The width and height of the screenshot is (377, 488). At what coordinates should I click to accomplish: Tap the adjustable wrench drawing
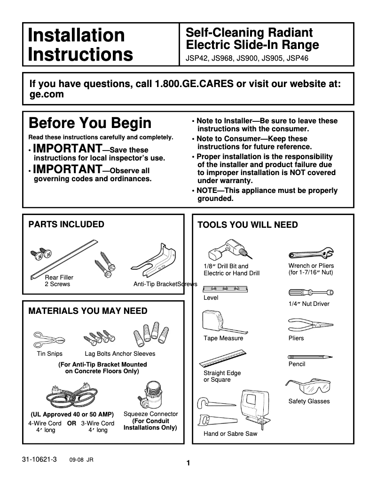(311, 255)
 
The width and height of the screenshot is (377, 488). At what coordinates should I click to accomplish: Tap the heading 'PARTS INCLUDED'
(66, 224)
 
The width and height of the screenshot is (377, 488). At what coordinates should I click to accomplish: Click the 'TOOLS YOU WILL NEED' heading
(247, 225)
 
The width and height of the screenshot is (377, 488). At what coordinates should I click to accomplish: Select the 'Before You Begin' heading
(90, 123)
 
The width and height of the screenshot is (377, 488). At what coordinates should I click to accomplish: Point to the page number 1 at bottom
(188, 463)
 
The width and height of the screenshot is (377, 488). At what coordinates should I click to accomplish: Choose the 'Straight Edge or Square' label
(222, 376)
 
